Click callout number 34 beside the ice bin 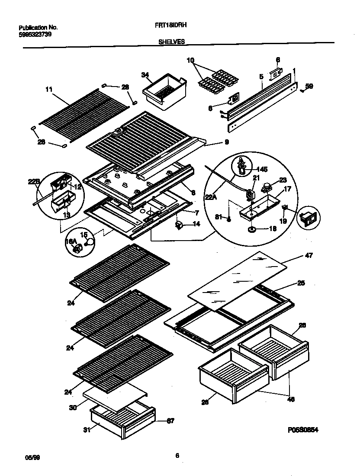(145, 75)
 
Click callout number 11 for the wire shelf (48, 90)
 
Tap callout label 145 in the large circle (263, 169)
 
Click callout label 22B (34, 182)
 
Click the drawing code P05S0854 (300, 431)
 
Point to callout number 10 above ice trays (190, 60)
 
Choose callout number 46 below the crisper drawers (290, 399)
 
